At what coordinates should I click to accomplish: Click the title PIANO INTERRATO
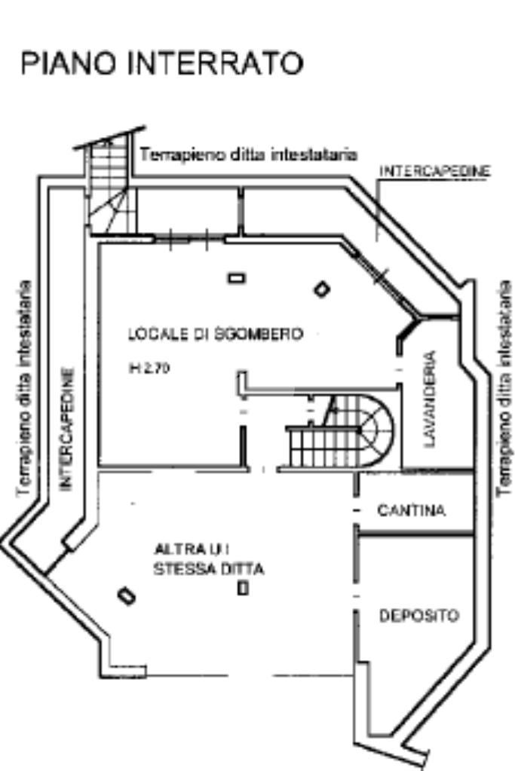pos(162,63)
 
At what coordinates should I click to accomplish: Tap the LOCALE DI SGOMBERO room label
pos(215,333)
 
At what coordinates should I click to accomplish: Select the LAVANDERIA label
pos(431,399)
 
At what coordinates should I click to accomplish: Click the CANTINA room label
pos(411,511)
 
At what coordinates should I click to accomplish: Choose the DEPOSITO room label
pos(418,616)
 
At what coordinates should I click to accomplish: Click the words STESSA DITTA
pos(209,570)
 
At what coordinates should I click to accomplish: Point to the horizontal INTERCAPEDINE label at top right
pos(434,172)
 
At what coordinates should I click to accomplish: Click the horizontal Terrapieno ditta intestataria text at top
pos(248,155)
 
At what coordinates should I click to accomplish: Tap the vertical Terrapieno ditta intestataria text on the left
pos(25,388)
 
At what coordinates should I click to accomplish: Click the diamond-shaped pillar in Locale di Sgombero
pos(322,289)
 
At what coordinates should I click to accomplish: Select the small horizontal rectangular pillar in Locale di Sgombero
pos(237,278)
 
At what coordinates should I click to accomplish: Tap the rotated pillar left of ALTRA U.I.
pos(127,595)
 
